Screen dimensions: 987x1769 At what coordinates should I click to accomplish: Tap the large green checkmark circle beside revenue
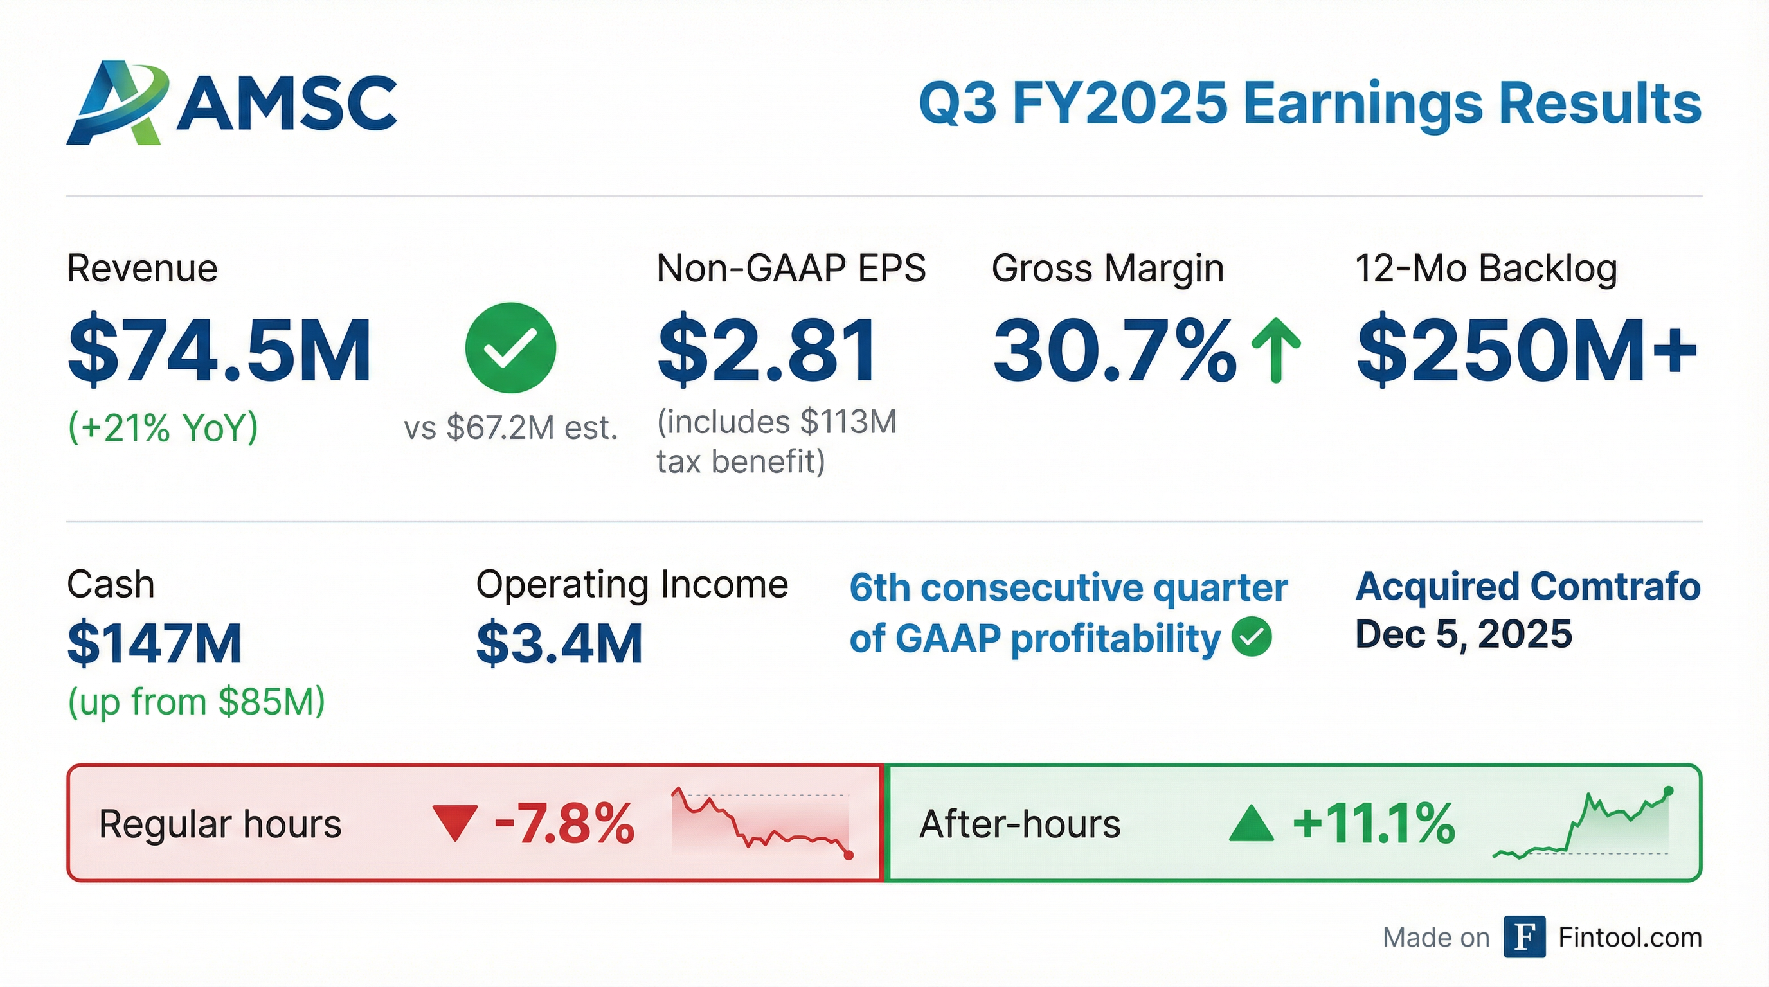(510, 347)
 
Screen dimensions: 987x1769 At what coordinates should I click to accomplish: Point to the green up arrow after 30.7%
(1276, 350)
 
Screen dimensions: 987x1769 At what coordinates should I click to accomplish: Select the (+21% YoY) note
(163, 427)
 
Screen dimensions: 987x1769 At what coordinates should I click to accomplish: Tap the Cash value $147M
(154, 643)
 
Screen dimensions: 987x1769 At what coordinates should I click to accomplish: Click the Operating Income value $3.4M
(559, 643)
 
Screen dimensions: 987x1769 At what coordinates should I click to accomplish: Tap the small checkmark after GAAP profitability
(1251, 637)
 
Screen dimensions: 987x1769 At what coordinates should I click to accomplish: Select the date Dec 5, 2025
(1464, 634)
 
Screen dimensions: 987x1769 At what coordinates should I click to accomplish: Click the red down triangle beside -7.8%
(454, 823)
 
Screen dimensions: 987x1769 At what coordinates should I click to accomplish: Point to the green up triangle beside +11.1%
(1251, 824)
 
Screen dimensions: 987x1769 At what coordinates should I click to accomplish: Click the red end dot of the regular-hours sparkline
(849, 855)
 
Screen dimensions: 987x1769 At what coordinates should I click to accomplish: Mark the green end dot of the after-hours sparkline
(1669, 791)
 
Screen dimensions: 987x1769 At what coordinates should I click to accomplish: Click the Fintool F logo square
(1524, 936)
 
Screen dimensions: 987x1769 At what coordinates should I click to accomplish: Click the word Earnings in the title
(1363, 104)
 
